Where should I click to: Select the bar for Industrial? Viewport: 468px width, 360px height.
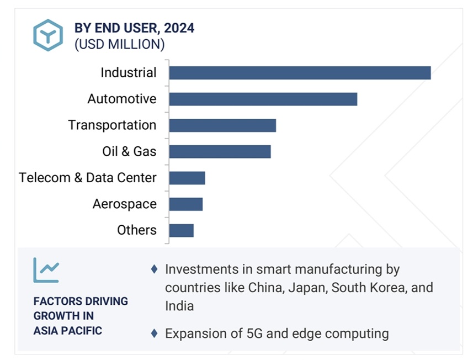click(x=300, y=73)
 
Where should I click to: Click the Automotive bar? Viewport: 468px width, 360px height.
click(x=263, y=99)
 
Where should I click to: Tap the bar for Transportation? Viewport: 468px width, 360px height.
click(x=222, y=125)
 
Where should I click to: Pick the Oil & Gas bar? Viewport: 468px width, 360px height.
click(x=220, y=152)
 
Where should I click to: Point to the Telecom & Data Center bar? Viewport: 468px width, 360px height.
click(x=187, y=178)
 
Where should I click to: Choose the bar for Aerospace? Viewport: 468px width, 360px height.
click(x=186, y=204)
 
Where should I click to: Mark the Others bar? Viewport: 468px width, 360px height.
click(x=182, y=230)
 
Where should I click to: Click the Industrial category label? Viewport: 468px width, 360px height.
click(x=129, y=73)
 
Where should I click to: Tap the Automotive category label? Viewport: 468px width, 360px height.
click(x=122, y=99)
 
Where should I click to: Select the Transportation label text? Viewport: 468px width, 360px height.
click(x=112, y=125)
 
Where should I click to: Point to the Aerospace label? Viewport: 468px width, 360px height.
click(x=125, y=204)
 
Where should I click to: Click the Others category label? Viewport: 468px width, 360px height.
click(x=137, y=230)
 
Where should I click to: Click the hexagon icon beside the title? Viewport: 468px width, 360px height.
click(x=48, y=35)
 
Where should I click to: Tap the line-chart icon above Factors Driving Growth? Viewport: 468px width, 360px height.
click(x=46, y=270)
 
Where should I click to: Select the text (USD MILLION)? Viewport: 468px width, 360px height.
click(x=119, y=45)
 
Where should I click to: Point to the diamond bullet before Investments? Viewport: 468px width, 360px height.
click(x=155, y=269)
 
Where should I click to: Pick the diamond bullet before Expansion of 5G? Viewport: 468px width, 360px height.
click(x=155, y=333)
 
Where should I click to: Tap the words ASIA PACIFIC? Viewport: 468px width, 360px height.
click(x=68, y=331)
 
